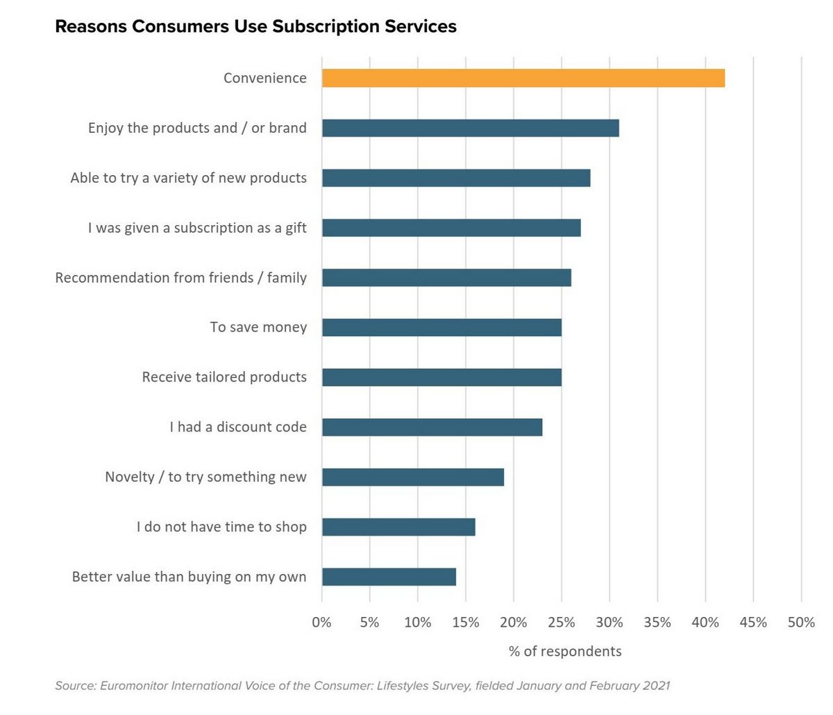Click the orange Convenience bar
pyautogui.click(x=523, y=79)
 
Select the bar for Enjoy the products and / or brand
pyautogui.click(x=470, y=128)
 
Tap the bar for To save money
pyautogui.click(x=441, y=327)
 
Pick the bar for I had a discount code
pyautogui.click(x=432, y=427)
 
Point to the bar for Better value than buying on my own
pyautogui.click(x=389, y=577)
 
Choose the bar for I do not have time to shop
pyautogui.click(x=398, y=527)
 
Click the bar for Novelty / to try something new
pyautogui.click(x=412, y=477)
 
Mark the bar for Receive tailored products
pyautogui.click(x=441, y=377)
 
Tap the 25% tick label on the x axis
pyautogui.click(x=561, y=623)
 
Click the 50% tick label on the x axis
pyautogui.click(x=801, y=623)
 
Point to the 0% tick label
pyautogui.click(x=321, y=623)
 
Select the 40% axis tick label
pyautogui.click(x=705, y=623)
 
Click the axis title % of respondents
pyautogui.click(x=565, y=652)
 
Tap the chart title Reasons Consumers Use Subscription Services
pyautogui.click(x=255, y=27)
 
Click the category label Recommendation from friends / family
pyautogui.click(x=180, y=278)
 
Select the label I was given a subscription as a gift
pyautogui.click(x=197, y=228)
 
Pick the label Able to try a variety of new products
pyautogui.click(x=188, y=178)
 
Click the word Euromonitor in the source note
pyautogui.click(x=133, y=686)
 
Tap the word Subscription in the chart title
pyautogui.click(x=317, y=27)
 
